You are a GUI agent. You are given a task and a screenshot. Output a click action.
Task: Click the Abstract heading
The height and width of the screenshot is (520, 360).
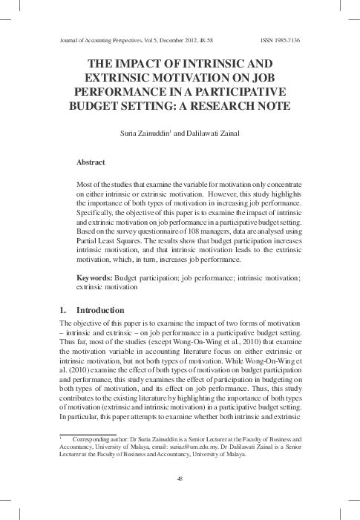point(91,161)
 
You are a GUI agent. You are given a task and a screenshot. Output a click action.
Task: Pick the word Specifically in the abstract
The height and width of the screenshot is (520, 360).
point(97,211)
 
